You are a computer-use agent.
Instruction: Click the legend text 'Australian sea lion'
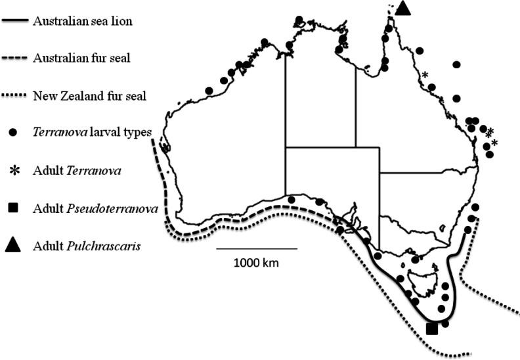[83, 20]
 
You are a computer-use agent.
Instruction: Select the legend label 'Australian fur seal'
[81, 58]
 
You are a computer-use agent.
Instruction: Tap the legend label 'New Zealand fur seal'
[89, 95]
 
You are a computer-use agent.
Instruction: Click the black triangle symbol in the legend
[14, 246]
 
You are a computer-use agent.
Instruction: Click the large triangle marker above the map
[403, 9]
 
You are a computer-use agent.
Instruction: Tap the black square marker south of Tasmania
[431, 328]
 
